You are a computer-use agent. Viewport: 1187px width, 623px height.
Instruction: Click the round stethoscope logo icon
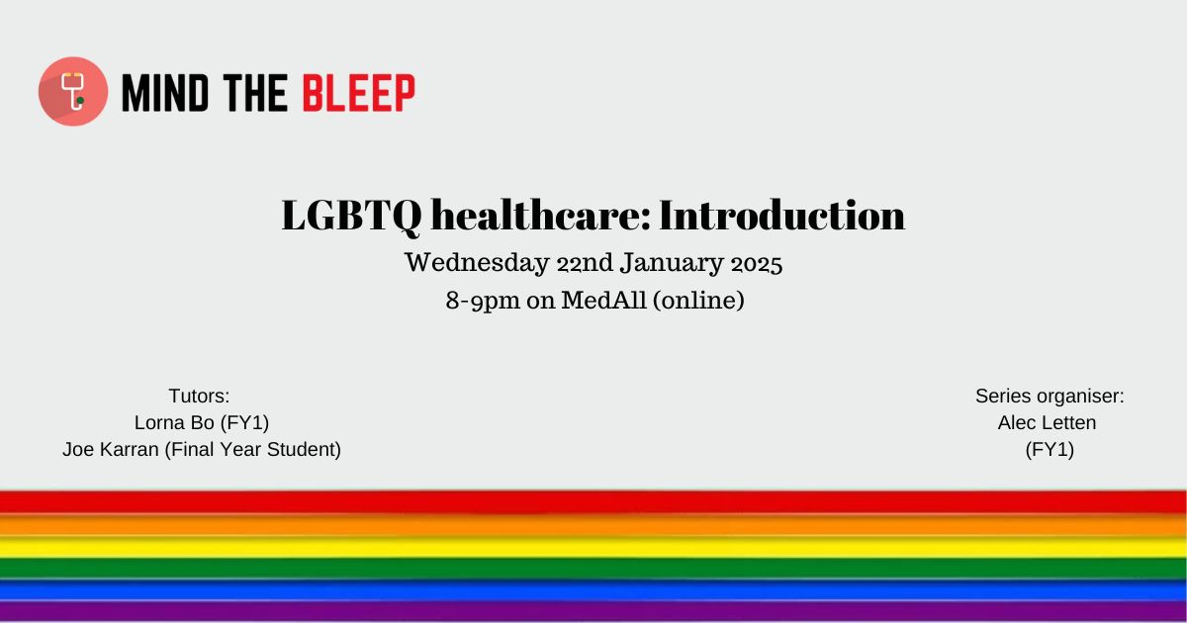tap(73, 92)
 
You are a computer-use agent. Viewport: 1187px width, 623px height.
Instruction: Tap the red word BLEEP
tap(359, 93)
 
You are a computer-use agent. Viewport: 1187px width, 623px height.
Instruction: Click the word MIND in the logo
tap(165, 93)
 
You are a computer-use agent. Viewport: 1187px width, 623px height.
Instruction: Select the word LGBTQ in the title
tap(352, 216)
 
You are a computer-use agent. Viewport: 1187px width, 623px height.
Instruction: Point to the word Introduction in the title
tap(782, 216)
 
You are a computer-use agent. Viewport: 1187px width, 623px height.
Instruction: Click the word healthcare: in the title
tap(541, 216)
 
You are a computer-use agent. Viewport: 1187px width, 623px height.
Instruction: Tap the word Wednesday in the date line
tap(477, 263)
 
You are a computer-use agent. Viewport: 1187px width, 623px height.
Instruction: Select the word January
tap(672, 264)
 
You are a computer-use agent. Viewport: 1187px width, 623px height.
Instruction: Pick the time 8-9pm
tap(483, 301)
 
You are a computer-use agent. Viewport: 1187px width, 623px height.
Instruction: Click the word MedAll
tap(604, 300)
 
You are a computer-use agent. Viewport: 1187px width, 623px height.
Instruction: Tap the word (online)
tap(699, 301)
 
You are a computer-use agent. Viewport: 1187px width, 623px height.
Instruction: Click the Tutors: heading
tap(199, 396)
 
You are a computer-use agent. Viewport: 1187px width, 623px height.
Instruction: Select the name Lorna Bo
tap(174, 422)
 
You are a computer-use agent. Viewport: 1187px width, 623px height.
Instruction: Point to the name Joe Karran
tap(111, 449)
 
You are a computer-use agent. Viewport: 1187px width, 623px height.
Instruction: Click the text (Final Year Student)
tap(253, 449)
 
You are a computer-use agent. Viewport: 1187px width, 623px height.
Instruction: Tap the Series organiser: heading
tap(1050, 397)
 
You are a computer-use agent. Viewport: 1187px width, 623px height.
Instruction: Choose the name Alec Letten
tap(1048, 423)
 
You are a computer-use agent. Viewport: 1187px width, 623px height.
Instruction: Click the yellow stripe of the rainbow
tap(593, 547)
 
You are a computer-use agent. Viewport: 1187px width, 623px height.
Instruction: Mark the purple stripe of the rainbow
tap(593, 612)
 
